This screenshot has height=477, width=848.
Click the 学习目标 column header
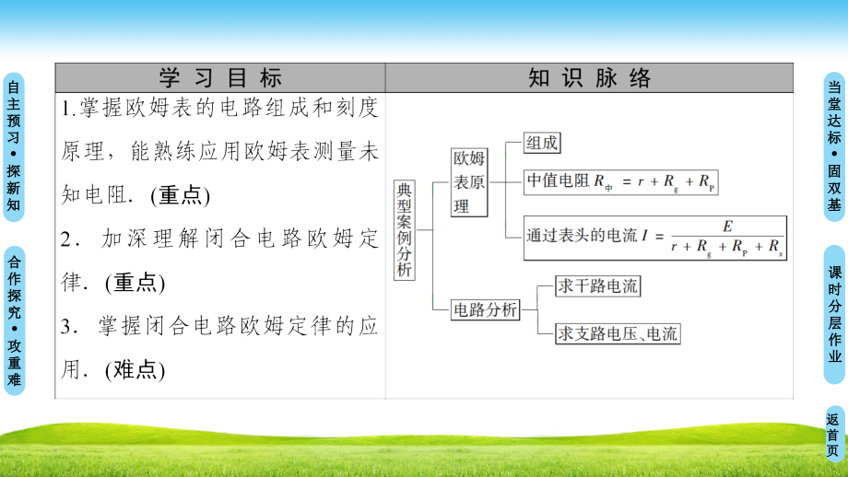pyautogui.click(x=220, y=77)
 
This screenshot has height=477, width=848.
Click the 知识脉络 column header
pyautogui.click(x=589, y=77)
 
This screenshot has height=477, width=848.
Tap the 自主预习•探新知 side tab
pyautogui.click(x=14, y=147)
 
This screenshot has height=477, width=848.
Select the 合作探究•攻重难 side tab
pyautogui.click(x=14, y=320)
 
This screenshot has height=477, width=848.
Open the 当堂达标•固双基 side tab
pyautogui.click(x=834, y=146)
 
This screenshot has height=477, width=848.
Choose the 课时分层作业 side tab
pyautogui.click(x=834, y=314)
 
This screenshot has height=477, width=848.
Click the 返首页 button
pyautogui.click(x=833, y=435)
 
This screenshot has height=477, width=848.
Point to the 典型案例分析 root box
pyautogui.click(x=404, y=229)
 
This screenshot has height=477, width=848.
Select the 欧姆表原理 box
pyautogui.click(x=469, y=182)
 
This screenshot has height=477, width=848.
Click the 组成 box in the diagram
pyautogui.click(x=542, y=143)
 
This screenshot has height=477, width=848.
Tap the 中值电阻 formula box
pyautogui.click(x=621, y=181)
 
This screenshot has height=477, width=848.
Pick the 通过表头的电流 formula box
pyautogui.click(x=655, y=238)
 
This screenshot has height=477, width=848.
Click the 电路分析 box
pyautogui.click(x=485, y=309)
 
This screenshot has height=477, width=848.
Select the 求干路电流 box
pyautogui.click(x=597, y=285)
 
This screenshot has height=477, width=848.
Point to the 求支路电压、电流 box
pyautogui.click(x=618, y=333)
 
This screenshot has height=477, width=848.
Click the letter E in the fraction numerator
pyautogui.click(x=727, y=227)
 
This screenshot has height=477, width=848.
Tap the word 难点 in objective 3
pyautogui.click(x=135, y=369)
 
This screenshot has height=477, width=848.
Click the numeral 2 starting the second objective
pyautogui.click(x=66, y=238)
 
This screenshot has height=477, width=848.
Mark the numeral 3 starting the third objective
pyautogui.click(x=66, y=326)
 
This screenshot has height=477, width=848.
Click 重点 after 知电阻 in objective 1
pyautogui.click(x=181, y=195)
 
